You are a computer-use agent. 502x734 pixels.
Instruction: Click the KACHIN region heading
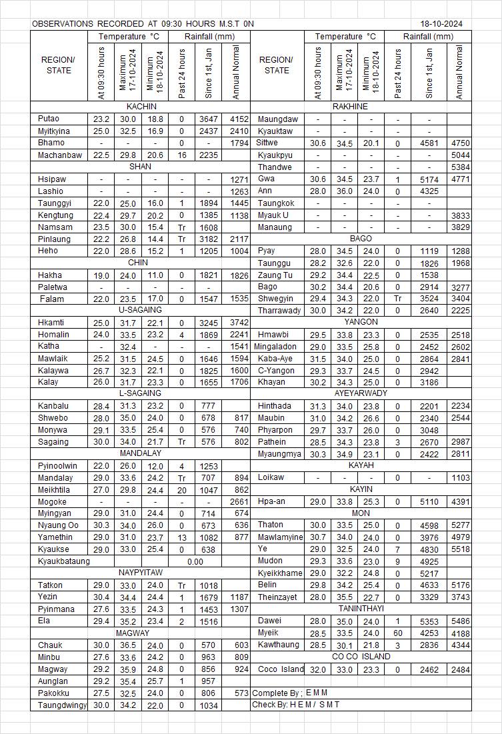pyautogui.click(x=141, y=107)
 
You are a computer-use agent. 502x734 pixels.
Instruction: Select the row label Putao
pyautogui.click(x=49, y=119)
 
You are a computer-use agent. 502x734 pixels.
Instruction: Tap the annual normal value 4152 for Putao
pyautogui.click(x=239, y=119)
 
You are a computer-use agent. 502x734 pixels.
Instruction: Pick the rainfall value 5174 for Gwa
pyautogui.click(x=429, y=179)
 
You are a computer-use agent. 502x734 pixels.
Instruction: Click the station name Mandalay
pyautogui.click(x=55, y=478)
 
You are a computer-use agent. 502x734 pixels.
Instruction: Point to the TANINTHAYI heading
pyautogui.click(x=361, y=609)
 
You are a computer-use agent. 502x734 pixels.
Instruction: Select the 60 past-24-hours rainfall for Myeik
pyautogui.click(x=397, y=633)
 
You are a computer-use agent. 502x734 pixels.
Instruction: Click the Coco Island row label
pyautogui.click(x=281, y=669)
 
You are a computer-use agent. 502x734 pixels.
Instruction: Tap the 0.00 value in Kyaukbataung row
pyautogui.click(x=195, y=561)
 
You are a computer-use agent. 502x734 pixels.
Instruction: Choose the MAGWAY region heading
pyautogui.click(x=133, y=633)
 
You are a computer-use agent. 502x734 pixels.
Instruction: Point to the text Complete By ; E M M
pyautogui.click(x=290, y=693)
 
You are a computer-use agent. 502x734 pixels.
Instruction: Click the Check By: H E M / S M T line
pyautogui.click(x=295, y=705)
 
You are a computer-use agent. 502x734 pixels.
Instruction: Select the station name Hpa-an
pyautogui.click(x=273, y=501)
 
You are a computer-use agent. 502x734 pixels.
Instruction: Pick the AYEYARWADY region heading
pyautogui.click(x=361, y=393)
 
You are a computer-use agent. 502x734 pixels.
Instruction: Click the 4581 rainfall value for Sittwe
pyautogui.click(x=429, y=143)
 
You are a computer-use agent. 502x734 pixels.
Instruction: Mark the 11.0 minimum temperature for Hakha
pyautogui.click(x=155, y=275)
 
